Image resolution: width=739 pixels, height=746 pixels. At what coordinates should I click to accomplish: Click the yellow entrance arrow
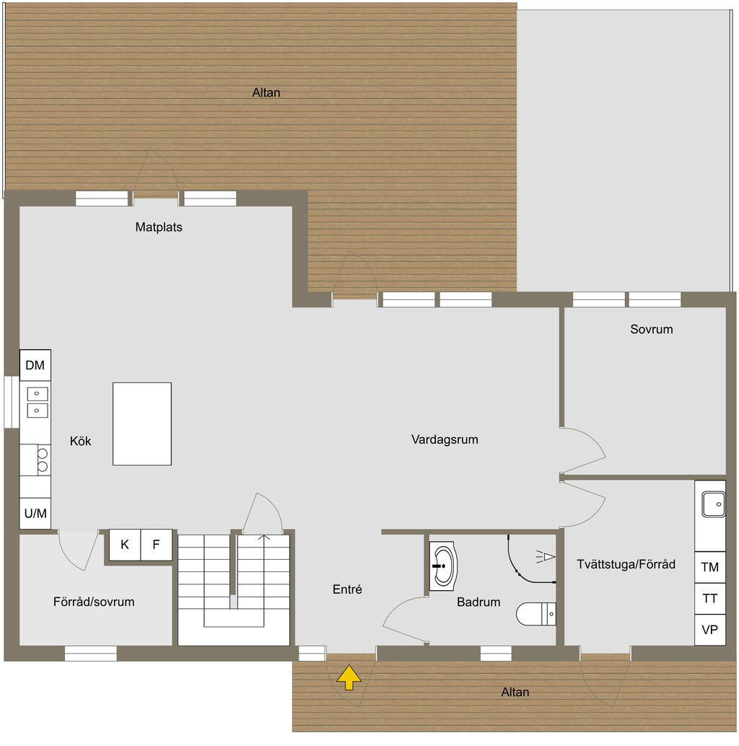coord(349,677)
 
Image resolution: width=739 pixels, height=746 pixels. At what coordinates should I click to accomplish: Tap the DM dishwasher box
coord(35,366)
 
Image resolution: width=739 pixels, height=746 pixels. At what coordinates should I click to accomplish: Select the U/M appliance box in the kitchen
coord(35,514)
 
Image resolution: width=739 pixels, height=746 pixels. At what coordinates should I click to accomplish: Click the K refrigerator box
coord(125,545)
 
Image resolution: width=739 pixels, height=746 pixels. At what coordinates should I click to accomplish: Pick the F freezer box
coord(156,545)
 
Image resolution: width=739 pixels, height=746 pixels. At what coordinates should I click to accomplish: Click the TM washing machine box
coord(710,567)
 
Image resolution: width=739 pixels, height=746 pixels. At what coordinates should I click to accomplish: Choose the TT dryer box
coord(710,598)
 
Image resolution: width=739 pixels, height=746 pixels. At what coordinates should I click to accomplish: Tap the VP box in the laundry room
coord(710,630)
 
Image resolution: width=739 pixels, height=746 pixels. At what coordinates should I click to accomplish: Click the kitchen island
coord(142,424)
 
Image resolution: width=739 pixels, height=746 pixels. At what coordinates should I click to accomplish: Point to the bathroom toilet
coord(536,614)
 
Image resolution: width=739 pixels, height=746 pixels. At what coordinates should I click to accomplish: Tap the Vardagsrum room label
coord(445,439)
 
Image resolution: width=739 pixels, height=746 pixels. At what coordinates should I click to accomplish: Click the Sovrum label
coord(651,330)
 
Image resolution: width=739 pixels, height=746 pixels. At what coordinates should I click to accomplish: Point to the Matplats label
coord(159,227)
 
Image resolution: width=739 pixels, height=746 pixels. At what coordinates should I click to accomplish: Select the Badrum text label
coord(478,602)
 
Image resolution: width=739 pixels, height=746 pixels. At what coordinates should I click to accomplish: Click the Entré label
coord(347,589)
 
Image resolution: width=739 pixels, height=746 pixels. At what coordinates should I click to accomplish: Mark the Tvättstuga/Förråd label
coord(626,564)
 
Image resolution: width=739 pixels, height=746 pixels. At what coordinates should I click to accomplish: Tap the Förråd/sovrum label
coord(94,602)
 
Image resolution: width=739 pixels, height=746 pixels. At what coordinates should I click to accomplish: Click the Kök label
coord(81,442)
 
